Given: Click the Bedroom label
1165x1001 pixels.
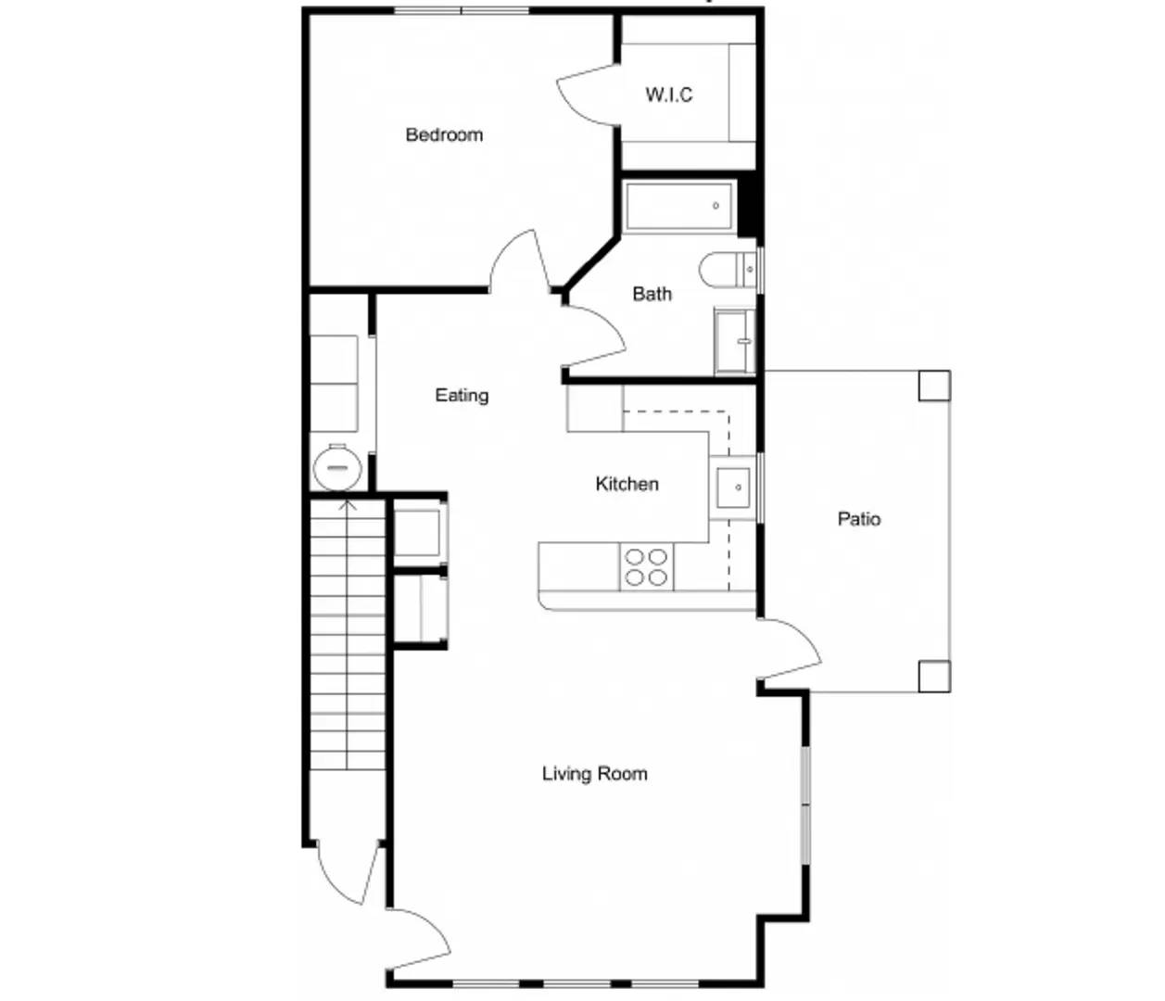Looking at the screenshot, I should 444,134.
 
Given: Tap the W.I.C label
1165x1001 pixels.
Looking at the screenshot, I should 668,95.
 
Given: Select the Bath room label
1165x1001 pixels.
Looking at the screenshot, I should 652,294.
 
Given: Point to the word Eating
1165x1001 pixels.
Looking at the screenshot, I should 462,395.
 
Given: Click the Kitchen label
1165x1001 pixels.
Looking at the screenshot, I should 627,484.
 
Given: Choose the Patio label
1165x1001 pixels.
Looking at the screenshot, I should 858,519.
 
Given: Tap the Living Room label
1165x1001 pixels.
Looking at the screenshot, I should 594,773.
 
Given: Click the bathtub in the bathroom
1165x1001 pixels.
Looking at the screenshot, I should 679,206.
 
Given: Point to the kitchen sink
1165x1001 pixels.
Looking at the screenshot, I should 733,487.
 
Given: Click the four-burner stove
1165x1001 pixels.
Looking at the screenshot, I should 646,567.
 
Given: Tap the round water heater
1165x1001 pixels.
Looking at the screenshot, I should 336,468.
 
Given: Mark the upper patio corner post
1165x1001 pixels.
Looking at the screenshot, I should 934,386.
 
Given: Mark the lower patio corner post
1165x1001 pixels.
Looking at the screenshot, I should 934,676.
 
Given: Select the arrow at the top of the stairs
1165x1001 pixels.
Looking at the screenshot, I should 348,506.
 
